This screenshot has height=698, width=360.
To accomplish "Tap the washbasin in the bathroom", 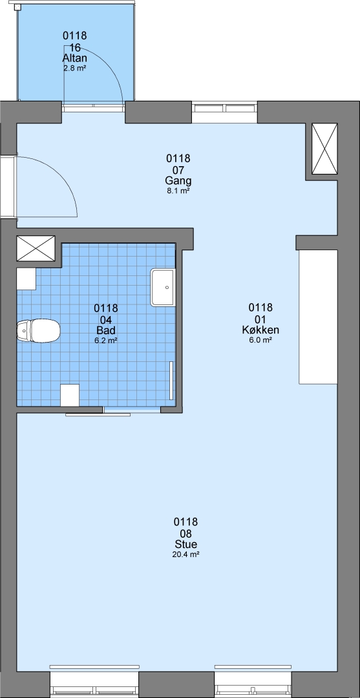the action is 164,288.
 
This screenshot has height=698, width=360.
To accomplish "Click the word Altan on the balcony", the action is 75,58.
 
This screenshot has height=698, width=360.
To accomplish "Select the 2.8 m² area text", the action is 75,69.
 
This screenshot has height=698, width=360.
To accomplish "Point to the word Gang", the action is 178,181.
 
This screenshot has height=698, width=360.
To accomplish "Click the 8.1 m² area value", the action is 178,191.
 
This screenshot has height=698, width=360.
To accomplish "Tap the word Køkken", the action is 260,330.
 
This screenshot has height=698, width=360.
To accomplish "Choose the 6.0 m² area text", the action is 260,340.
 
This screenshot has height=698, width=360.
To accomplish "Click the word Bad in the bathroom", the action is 106,330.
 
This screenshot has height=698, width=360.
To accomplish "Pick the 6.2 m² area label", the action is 106,341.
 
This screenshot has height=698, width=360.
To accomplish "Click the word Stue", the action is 186,544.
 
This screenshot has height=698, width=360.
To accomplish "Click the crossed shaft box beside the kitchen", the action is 324,149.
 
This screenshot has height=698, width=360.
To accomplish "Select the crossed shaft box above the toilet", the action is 36,248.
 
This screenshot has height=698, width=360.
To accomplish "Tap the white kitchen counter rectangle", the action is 318,317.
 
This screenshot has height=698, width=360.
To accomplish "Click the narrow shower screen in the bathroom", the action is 172,381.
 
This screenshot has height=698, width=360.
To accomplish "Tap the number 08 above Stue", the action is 186,533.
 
